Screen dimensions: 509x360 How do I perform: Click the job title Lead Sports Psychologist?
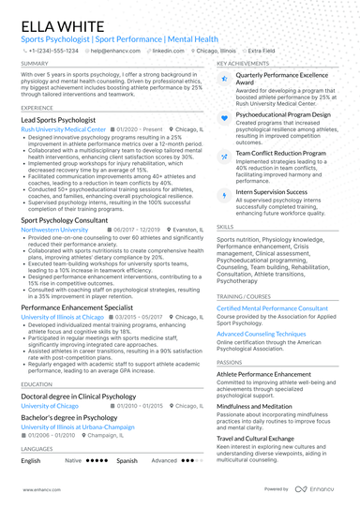pos(61,121)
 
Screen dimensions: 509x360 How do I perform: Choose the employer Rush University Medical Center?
pos(64,129)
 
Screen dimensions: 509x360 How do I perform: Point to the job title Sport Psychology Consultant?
pos(66,219)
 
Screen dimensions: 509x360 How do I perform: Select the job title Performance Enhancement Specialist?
pos(77,307)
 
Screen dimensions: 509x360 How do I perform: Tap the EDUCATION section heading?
pos(37,384)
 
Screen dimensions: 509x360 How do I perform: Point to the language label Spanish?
pos(127,461)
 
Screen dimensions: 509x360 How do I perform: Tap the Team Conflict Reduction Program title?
pos(281,151)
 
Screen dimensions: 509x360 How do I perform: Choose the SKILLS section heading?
pos(225,226)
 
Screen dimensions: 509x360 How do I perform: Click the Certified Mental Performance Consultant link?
pos(272,307)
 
